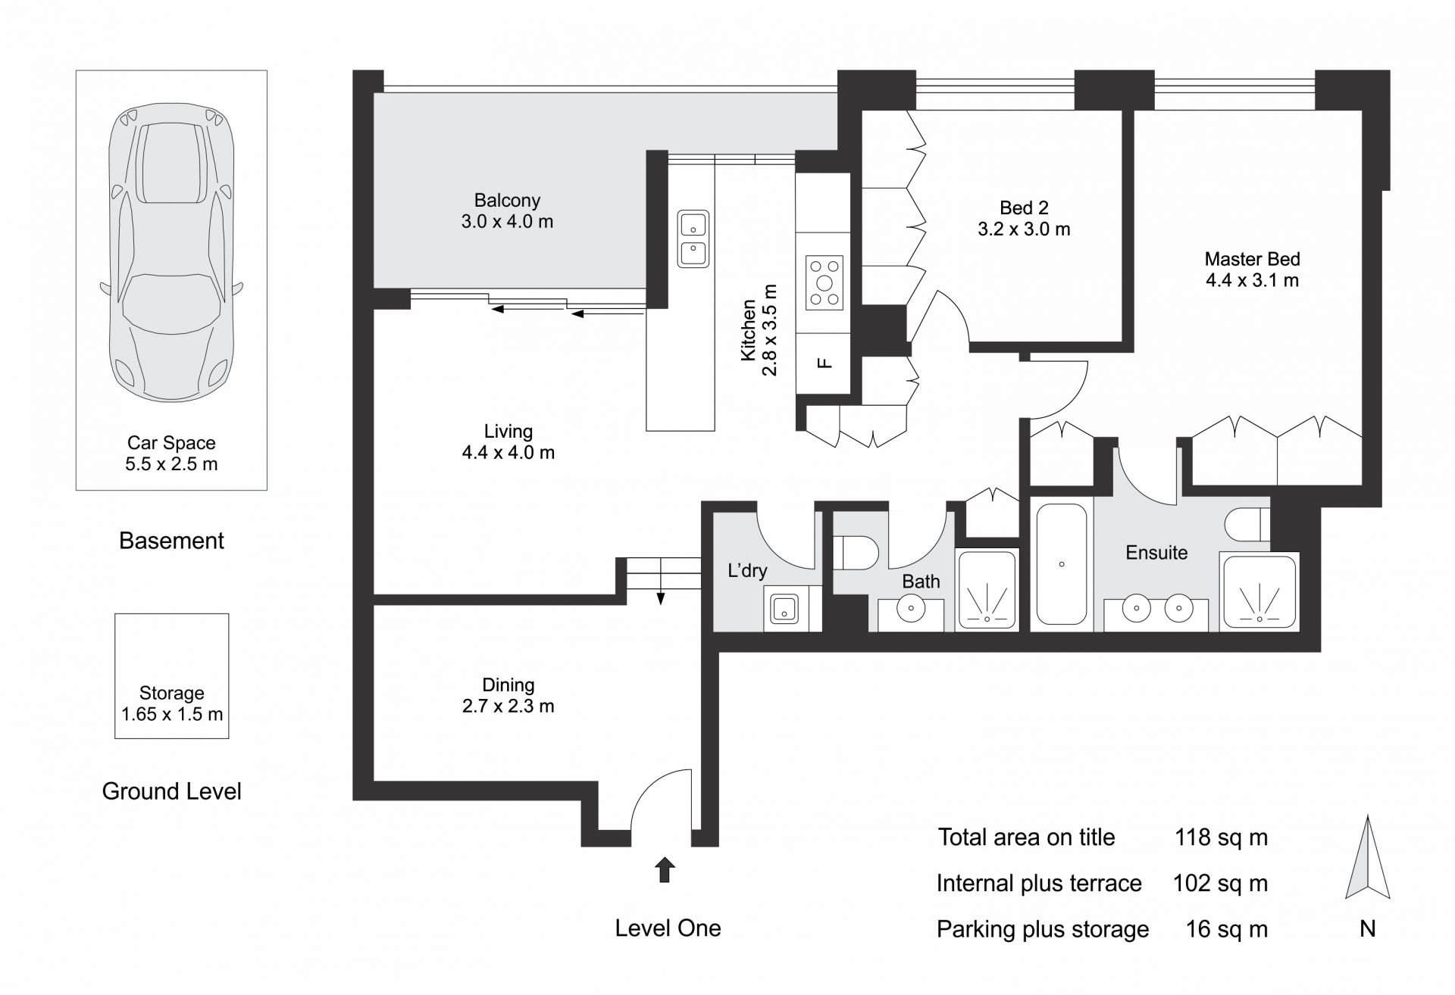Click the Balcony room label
tap(507, 201)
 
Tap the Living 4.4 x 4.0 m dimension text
tap(508, 453)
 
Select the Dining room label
tap(508, 685)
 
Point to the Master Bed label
tap(1252, 259)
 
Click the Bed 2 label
tap(1024, 207)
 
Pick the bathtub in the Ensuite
tap(1062, 564)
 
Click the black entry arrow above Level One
tap(665, 870)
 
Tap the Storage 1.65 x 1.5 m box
tap(172, 675)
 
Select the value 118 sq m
tap(1221, 837)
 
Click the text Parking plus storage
tap(1043, 930)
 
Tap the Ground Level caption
tap(172, 791)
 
